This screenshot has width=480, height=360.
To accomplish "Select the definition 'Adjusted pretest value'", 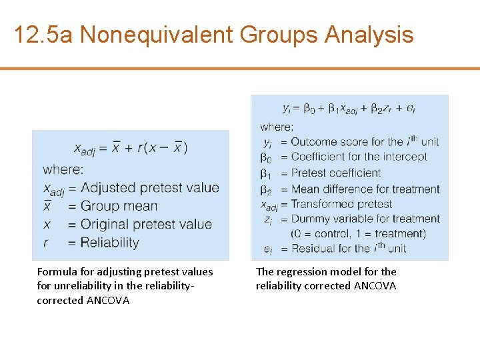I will [x=149, y=188].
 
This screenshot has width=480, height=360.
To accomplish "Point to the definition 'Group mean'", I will [x=119, y=206].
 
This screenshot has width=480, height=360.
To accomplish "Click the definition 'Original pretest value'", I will [x=146, y=224].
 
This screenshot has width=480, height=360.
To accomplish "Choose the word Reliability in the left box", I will [x=109, y=242].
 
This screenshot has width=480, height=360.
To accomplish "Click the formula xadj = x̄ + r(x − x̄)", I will [x=131, y=148].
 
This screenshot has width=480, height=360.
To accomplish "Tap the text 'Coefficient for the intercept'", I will [x=359, y=157].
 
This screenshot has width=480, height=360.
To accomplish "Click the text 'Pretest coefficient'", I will [x=335, y=173].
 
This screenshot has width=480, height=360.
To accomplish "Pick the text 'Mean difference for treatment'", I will [x=365, y=189].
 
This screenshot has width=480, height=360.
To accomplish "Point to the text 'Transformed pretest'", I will [x=341, y=204].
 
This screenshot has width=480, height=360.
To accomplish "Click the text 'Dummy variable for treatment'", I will [x=365, y=219].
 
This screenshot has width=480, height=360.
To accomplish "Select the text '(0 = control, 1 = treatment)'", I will [x=358, y=233].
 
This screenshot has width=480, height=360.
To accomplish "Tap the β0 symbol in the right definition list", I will [x=265, y=158].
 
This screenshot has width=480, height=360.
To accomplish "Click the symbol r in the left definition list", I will [x=46, y=243].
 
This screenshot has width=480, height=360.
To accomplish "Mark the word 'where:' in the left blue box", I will [x=63, y=169].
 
